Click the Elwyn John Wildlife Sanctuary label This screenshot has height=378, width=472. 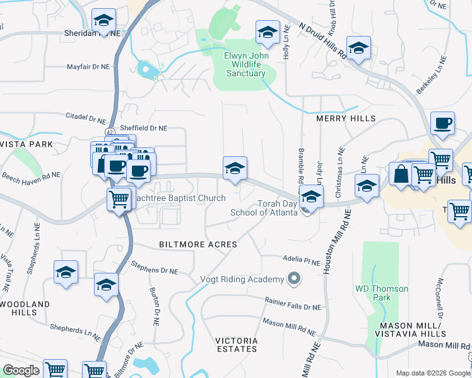pos(246,64)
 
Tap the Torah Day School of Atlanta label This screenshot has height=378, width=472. pos(277,208)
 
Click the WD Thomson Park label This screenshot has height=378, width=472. pos(382,293)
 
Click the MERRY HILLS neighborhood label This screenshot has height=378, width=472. pos(346,118)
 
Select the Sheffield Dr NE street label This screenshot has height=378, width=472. pos(143,127)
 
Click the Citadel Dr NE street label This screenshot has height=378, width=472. pos(86,117)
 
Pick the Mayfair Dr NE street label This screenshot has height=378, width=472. pos(89,66)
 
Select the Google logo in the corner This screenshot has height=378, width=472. pos(21,370)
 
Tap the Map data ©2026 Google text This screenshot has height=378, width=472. pos(432,373)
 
